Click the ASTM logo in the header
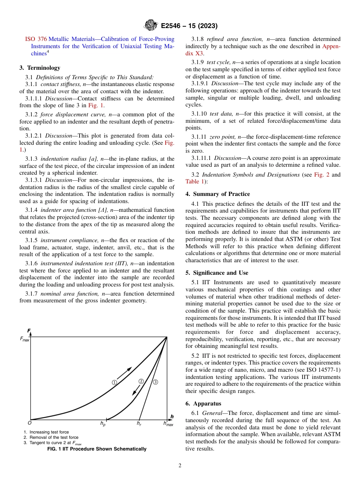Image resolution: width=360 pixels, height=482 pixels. pos(150,26)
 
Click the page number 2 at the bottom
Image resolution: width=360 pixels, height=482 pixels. pos(180,466)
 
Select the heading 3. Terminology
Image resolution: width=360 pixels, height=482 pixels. pos(39,68)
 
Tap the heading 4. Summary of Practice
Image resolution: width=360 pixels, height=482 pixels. pos(218,194)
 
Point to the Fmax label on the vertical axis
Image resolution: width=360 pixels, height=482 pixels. pos(24,339)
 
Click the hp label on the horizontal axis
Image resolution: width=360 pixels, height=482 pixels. pos(103,424)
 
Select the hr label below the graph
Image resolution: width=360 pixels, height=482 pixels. pos(139,424)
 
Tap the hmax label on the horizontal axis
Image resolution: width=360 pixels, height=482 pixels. pos(168,424)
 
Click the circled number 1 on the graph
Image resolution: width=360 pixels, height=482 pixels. pos(114,382)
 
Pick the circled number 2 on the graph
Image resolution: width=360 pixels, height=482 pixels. pos(141,381)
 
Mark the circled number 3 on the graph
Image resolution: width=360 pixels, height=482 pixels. pos(155,382)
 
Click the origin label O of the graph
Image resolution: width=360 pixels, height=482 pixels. pos(29,423)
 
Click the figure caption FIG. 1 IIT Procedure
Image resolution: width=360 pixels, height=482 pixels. pos(97,449)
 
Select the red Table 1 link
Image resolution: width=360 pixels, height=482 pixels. pos(194,182)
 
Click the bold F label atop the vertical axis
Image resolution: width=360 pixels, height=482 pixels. pos(29,330)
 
